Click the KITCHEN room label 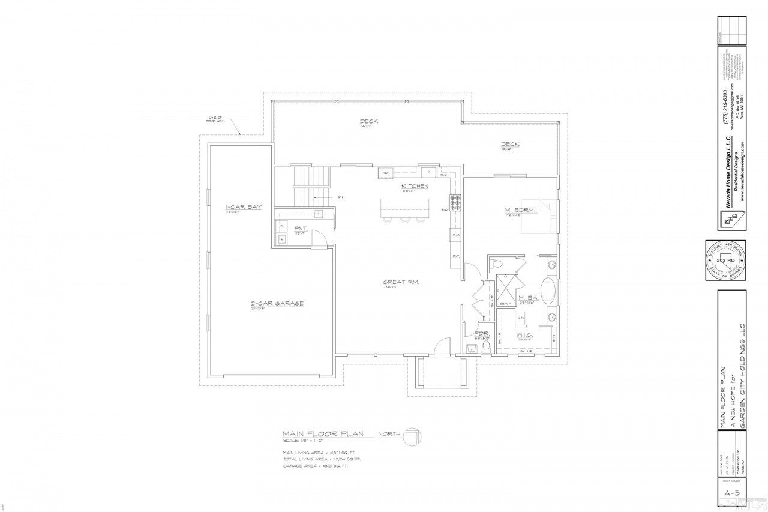pyautogui.click(x=415, y=186)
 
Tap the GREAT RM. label pyautogui.click(x=401, y=282)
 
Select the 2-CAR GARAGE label pyautogui.click(x=277, y=304)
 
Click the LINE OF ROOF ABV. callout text pyautogui.click(x=215, y=119)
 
